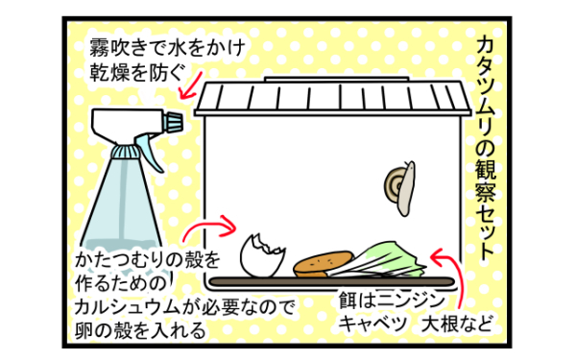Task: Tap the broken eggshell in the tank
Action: tap(262, 255)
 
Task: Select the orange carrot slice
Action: tap(323, 263)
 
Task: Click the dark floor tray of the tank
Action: tap(336, 280)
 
